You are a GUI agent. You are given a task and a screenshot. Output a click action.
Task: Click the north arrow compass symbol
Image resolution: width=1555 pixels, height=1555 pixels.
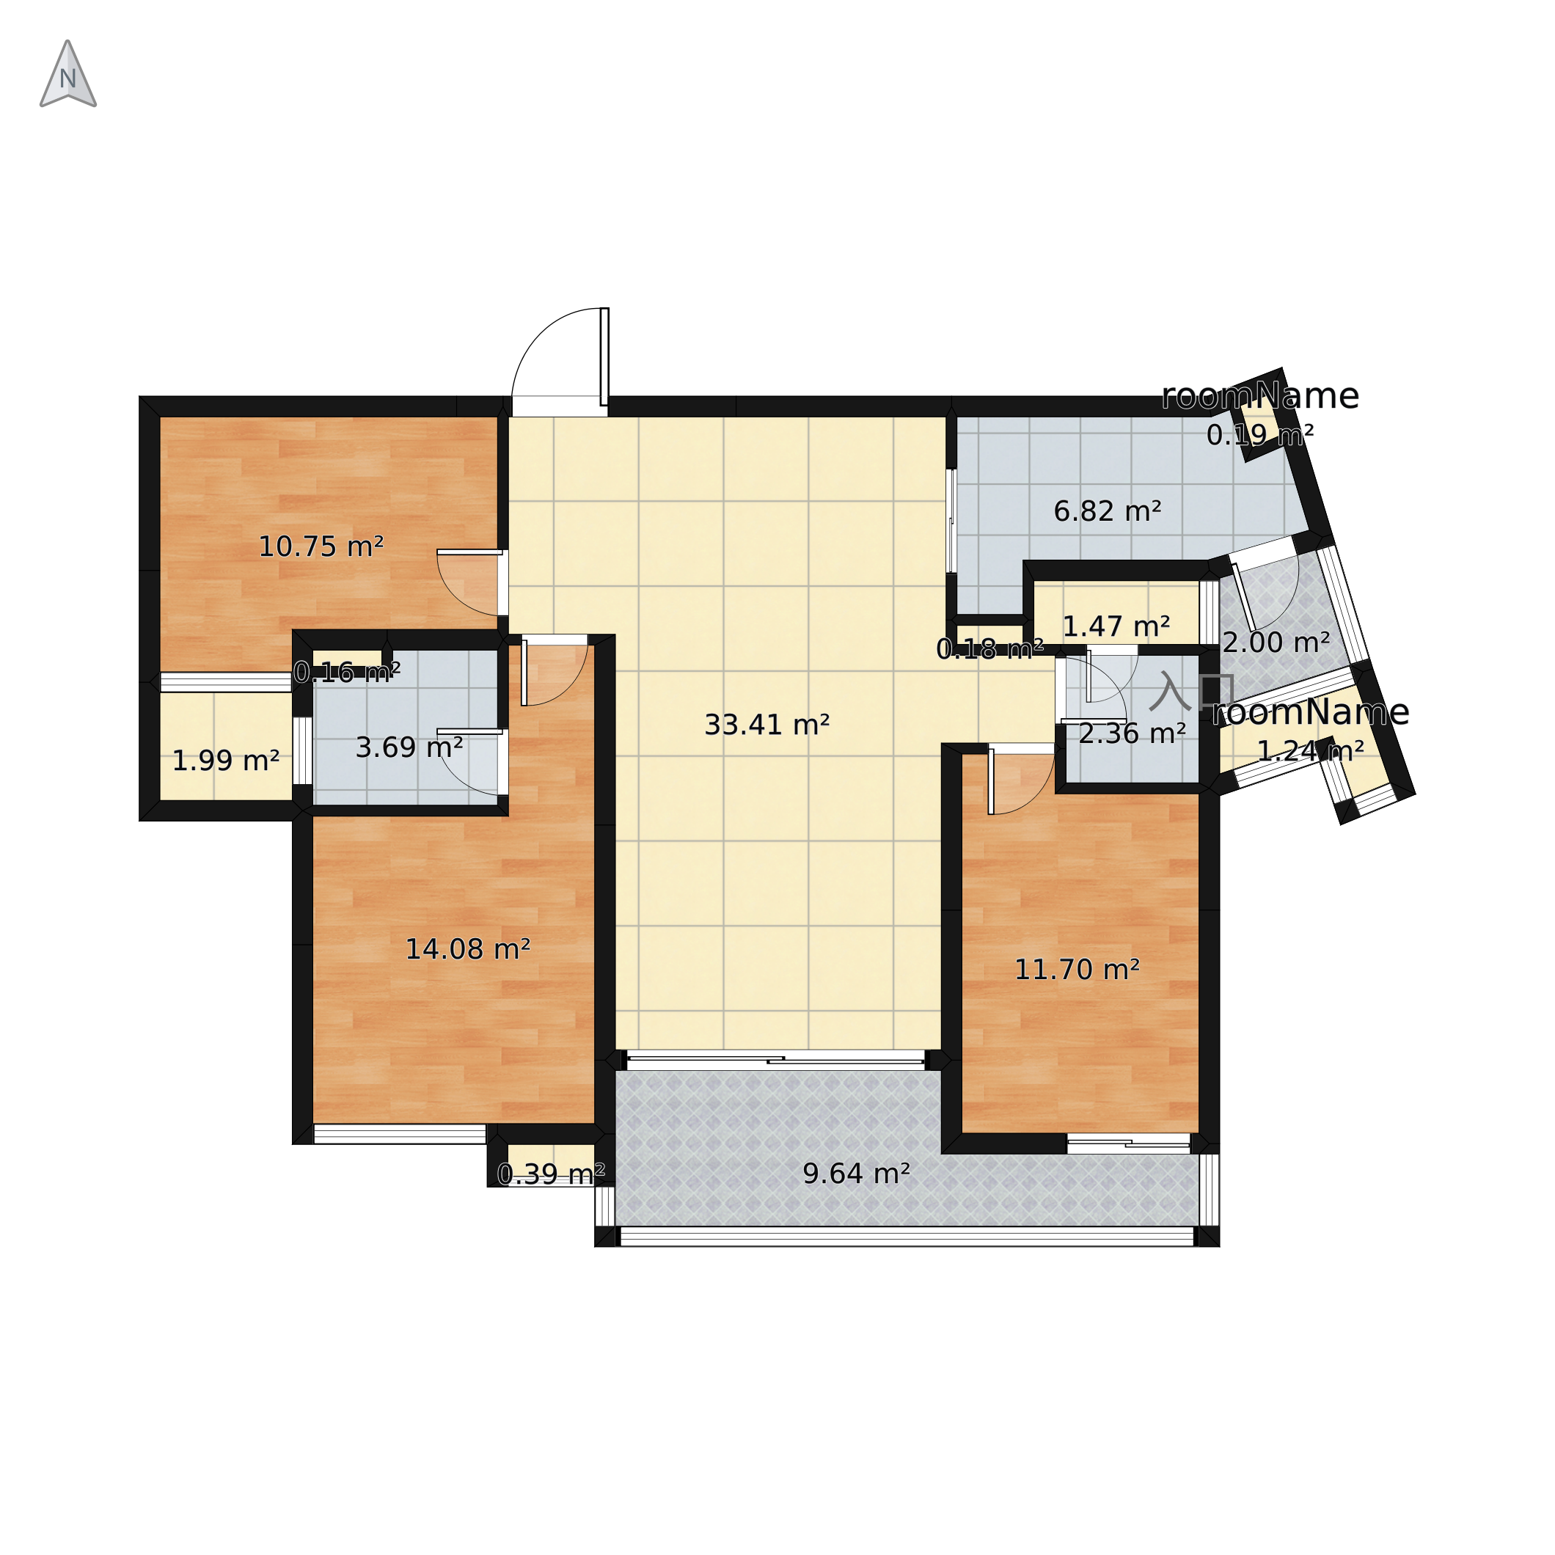point(68,74)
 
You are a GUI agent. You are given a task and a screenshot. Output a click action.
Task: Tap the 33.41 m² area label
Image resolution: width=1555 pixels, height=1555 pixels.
point(766,725)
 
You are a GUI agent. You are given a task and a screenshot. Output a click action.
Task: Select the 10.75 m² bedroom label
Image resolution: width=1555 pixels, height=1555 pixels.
point(321,547)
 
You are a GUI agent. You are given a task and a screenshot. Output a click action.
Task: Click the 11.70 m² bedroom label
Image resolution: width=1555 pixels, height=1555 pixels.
point(1076,970)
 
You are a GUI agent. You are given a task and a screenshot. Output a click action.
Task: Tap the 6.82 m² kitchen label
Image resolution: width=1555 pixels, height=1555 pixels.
point(1107,511)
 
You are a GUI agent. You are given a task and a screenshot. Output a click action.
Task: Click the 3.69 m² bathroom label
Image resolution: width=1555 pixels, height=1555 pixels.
point(409,747)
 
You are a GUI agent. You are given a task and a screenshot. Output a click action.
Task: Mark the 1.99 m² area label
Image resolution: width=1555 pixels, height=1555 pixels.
point(225,761)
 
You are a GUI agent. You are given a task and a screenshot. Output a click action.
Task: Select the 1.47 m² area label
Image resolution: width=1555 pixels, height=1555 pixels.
point(1116,626)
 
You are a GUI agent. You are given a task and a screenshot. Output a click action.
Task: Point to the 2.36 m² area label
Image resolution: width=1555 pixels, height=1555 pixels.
point(1132,733)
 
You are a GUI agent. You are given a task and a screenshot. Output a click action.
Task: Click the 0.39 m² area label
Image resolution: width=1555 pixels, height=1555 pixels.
point(551,1175)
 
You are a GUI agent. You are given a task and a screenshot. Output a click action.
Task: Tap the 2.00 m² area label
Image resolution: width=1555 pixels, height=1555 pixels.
point(1276,643)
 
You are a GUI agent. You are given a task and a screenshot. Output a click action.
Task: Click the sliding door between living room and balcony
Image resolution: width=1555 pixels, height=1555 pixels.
point(776,1060)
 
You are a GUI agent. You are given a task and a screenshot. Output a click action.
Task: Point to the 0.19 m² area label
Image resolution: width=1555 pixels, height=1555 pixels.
point(1259,436)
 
